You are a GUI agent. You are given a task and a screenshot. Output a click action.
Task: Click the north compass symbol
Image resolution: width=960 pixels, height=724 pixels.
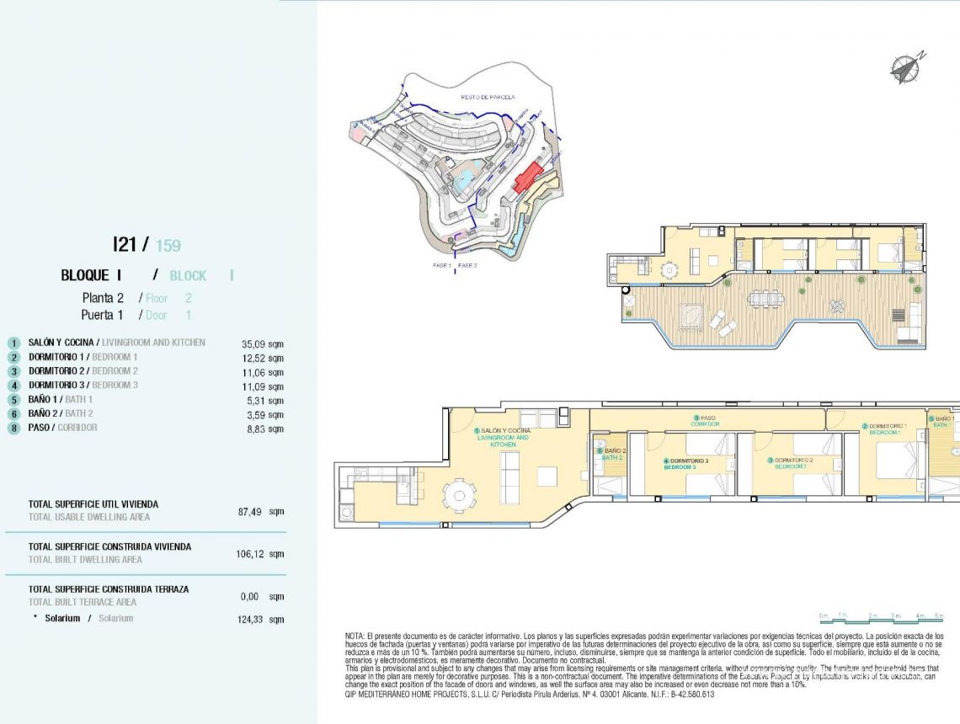906,67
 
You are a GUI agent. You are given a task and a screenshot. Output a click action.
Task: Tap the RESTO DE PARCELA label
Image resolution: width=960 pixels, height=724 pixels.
488,97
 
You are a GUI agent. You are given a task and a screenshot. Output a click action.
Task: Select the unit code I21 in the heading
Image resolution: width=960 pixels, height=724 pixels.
125,244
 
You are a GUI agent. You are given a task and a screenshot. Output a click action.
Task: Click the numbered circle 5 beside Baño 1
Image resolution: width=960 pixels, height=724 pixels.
13,401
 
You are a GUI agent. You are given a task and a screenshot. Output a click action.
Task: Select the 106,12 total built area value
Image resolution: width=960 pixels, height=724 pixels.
253,554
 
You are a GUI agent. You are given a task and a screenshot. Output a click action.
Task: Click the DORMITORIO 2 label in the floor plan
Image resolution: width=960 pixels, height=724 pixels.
792,462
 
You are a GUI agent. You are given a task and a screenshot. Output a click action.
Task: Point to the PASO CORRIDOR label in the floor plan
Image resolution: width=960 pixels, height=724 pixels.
705,420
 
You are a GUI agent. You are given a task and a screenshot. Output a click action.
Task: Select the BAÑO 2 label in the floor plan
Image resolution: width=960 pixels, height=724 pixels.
612,454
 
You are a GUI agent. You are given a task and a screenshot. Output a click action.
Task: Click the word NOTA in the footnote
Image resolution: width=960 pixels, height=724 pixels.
355,636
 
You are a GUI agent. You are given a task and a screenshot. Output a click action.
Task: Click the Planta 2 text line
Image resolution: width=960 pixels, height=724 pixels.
103,298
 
